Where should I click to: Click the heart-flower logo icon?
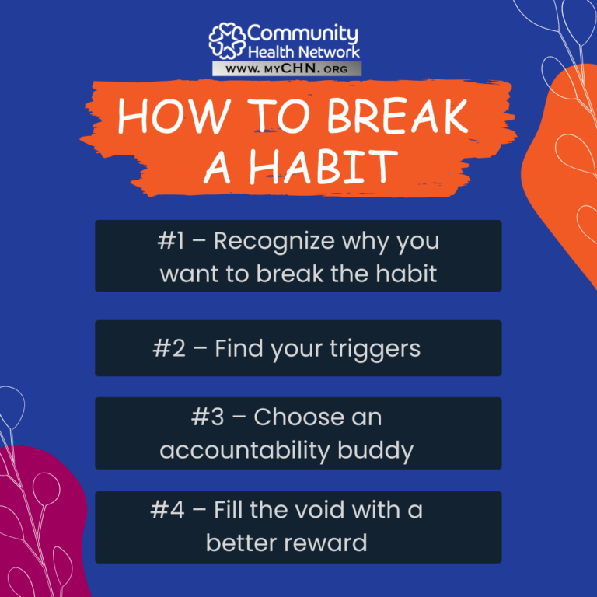click(x=227, y=40)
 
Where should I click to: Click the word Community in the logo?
click(x=302, y=34)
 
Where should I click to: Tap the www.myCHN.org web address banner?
click(x=287, y=68)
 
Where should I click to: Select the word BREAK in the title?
click(x=397, y=116)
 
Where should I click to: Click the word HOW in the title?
click(x=174, y=116)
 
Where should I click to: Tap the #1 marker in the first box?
click(x=171, y=241)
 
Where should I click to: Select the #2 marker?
click(x=169, y=349)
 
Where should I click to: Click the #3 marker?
click(x=208, y=417)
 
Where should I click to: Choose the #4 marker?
click(x=167, y=510)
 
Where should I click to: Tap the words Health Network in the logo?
click(x=304, y=52)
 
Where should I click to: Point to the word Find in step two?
click(x=239, y=348)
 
